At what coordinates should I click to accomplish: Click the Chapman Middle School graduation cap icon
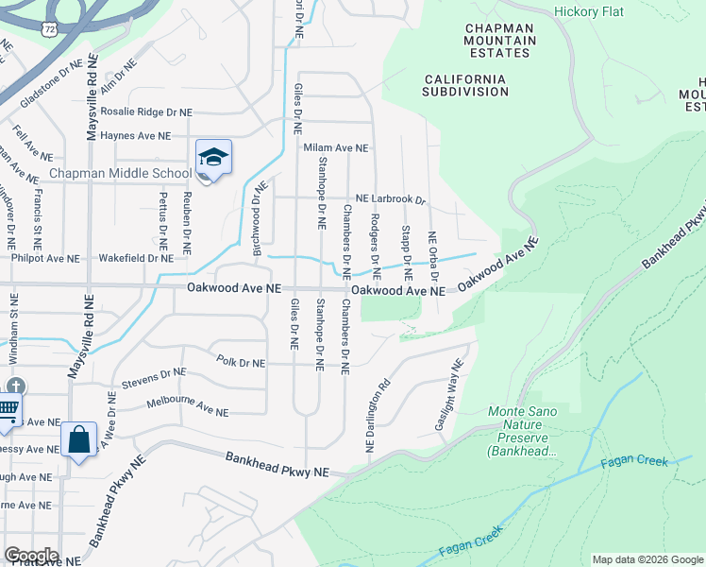tap(213, 157)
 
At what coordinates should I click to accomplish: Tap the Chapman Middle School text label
tap(120, 173)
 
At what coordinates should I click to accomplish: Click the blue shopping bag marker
tap(79, 439)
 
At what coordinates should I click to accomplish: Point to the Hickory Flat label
tap(592, 11)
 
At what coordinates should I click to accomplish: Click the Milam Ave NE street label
tap(336, 148)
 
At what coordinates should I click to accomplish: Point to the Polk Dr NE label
tap(241, 362)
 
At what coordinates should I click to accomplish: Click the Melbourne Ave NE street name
tap(188, 407)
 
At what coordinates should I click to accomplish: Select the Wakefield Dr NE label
tap(136, 257)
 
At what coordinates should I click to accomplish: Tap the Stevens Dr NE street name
tap(154, 378)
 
